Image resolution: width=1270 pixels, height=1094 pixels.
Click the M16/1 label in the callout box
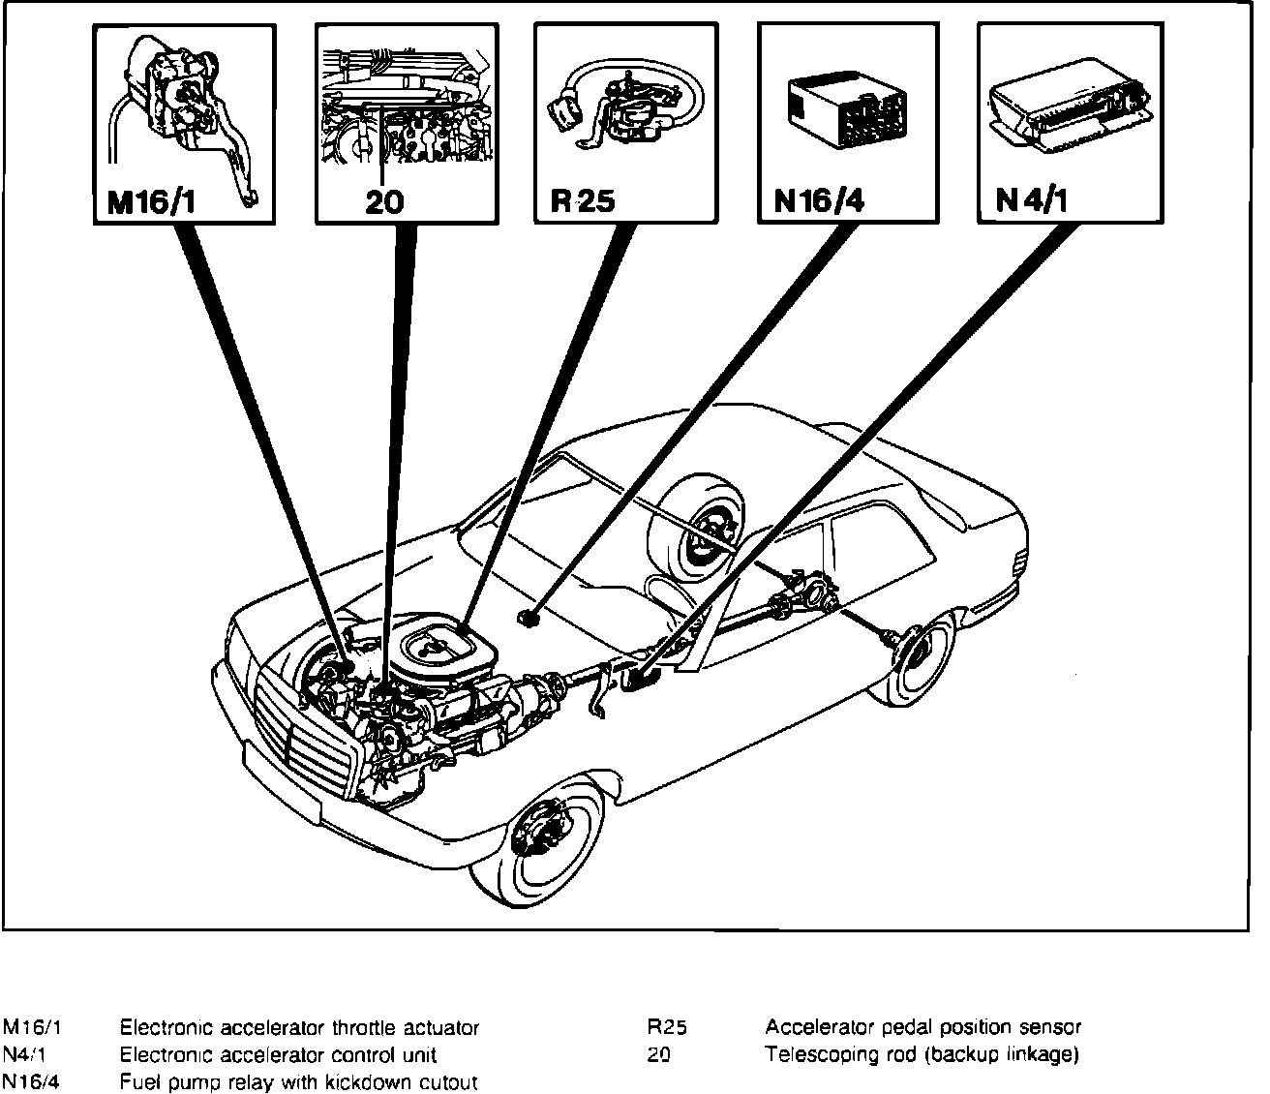coord(151,202)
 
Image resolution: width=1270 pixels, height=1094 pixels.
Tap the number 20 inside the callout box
coord(384,202)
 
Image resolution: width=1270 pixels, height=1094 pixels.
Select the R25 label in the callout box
coord(583,202)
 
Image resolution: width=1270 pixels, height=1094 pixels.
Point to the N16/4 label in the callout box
coord(819,202)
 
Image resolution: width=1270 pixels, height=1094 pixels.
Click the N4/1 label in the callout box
coord(1032,202)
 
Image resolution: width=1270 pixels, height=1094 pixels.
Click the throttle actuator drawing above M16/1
coord(184,116)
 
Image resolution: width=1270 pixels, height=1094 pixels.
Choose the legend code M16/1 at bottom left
coord(29,1027)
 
